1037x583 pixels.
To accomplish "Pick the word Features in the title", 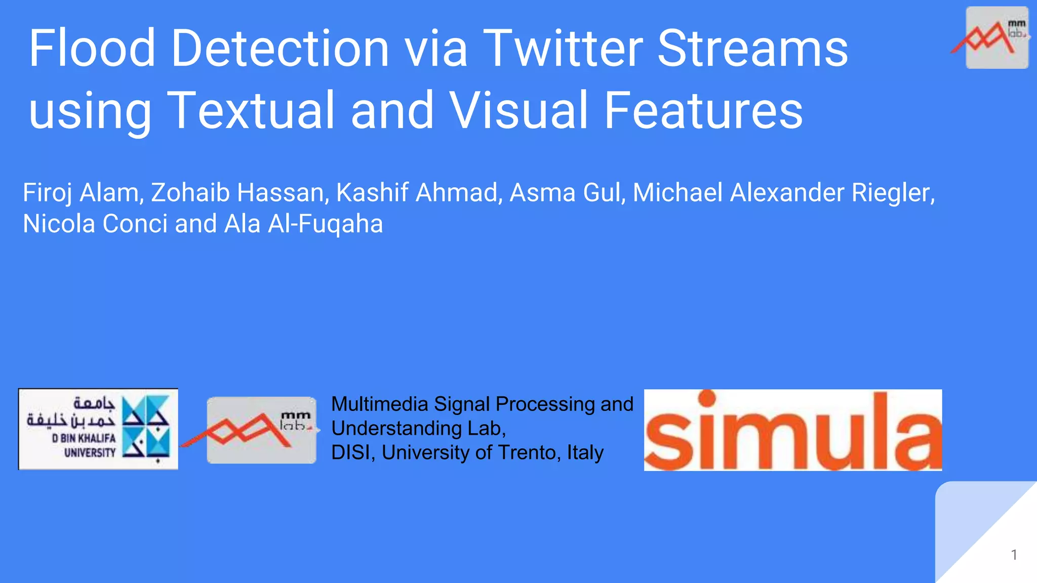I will [x=703, y=110].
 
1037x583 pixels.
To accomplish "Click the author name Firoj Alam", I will [x=81, y=193].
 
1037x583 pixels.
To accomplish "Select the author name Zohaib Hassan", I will [x=237, y=193].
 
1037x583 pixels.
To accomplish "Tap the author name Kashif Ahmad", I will [x=419, y=193].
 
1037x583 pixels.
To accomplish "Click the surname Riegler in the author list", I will [x=893, y=193].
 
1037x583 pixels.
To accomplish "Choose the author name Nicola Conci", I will [x=95, y=224].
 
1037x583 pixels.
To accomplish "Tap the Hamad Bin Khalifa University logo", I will [x=98, y=429].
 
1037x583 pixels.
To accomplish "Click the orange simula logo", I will [x=793, y=430].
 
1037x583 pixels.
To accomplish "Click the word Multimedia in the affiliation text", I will [x=380, y=404].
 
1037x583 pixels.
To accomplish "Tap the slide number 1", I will [x=1014, y=555].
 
